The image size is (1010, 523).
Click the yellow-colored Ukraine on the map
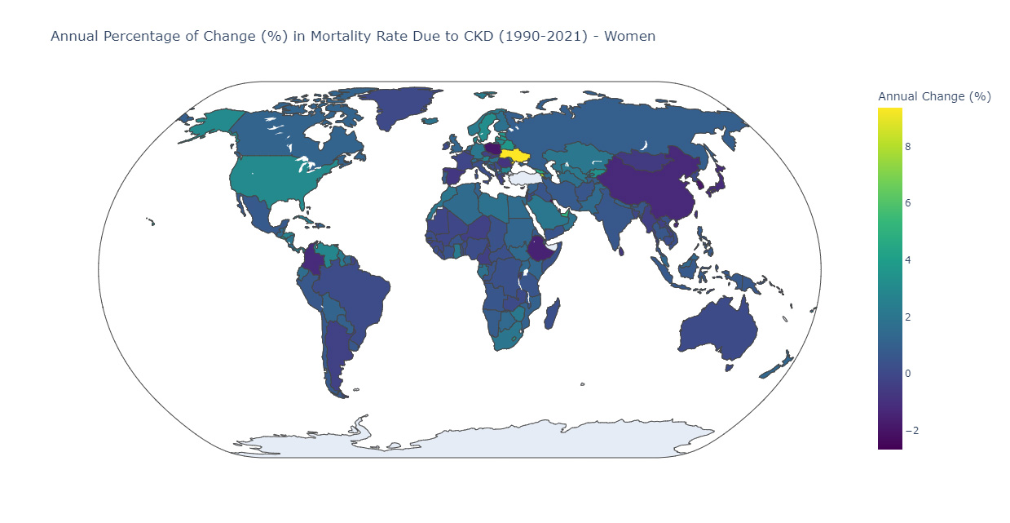515,155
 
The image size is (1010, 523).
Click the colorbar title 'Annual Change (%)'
933,96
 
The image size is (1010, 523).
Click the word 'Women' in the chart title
628,36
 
